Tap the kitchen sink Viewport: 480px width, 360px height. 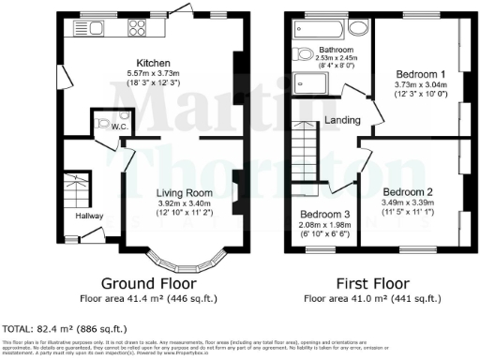94,26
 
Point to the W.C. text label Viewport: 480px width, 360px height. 119,127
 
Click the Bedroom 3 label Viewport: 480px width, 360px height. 319,217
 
